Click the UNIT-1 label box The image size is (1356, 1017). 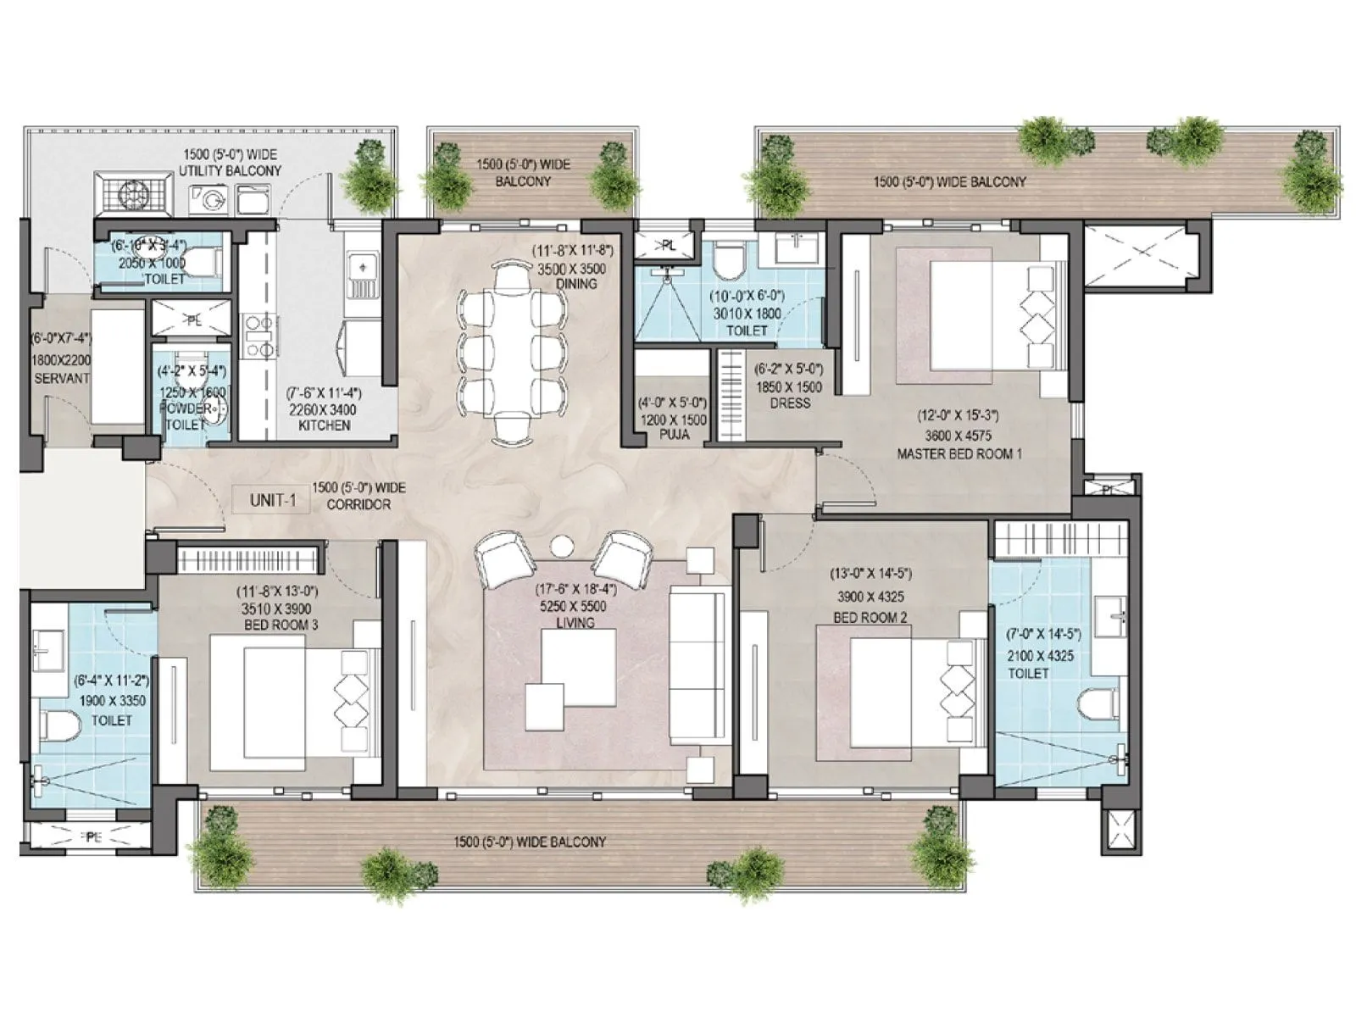(x=272, y=500)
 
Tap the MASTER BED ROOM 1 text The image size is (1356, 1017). (x=959, y=454)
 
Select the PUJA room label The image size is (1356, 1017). (x=674, y=435)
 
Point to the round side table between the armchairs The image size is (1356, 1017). (x=562, y=547)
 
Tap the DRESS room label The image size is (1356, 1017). (x=790, y=403)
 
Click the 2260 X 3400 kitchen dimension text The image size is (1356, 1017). (x=324, y=410)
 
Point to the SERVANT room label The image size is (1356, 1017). (x=61, y=378)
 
